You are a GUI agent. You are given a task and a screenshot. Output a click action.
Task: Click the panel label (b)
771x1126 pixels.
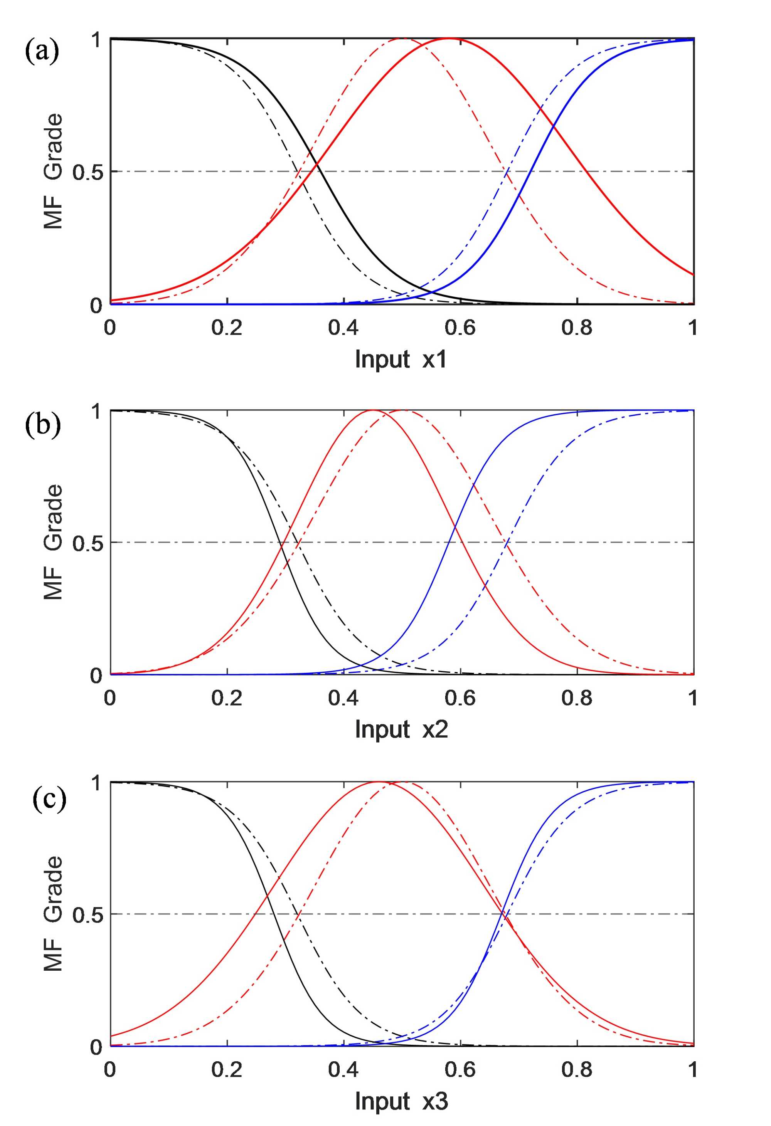(x=43, y=425)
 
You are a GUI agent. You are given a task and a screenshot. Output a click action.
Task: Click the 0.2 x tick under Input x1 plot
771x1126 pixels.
(x=226, y=328)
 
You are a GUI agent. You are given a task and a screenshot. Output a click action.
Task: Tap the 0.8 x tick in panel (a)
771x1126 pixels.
(x=577, y=328)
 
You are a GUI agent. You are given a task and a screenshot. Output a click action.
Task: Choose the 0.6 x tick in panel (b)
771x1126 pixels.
(x=460, y=698)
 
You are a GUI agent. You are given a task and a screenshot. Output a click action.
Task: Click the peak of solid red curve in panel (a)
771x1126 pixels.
(x=449, y=38)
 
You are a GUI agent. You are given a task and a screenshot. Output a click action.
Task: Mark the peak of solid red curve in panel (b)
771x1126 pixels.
(x=373, y=410)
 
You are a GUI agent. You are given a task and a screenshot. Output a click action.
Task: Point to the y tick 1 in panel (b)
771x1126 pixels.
(x=96, y=411)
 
